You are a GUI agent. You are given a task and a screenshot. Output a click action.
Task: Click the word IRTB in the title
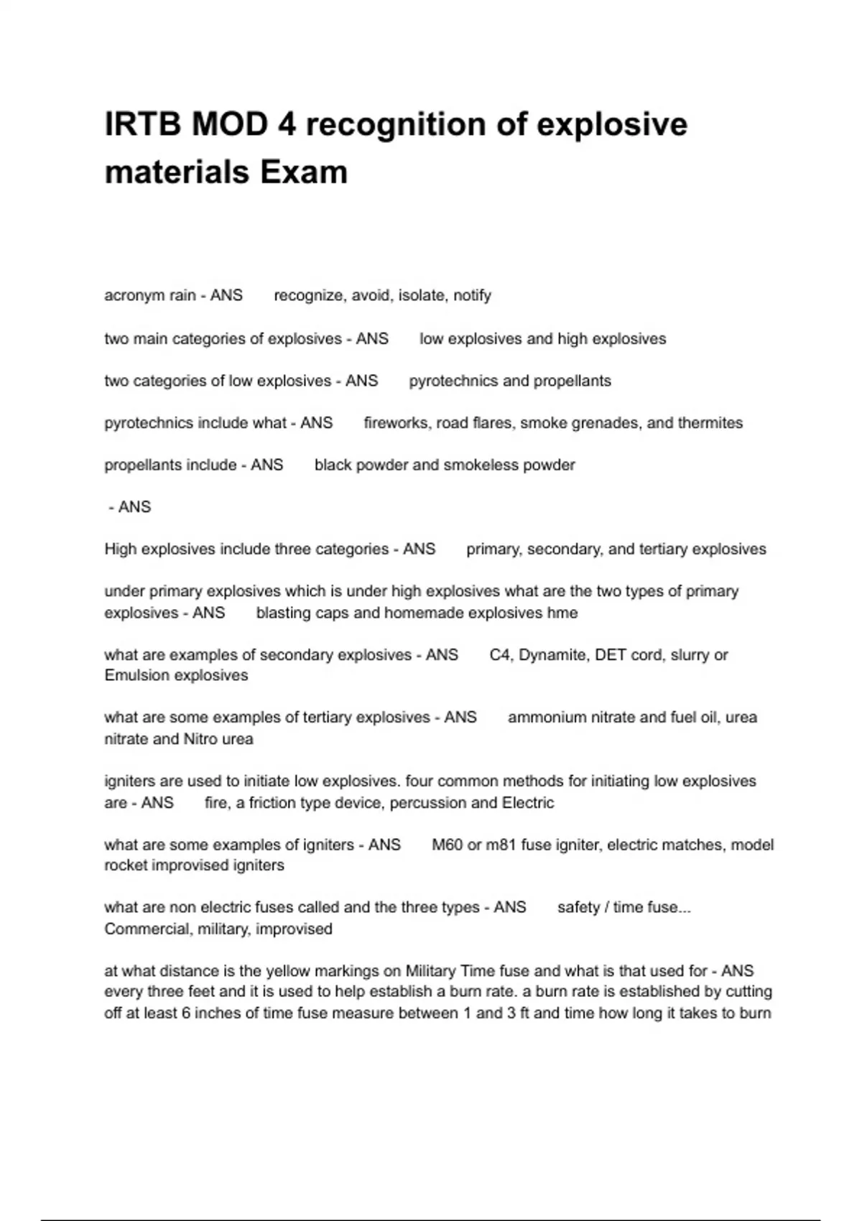(x=142, y=125)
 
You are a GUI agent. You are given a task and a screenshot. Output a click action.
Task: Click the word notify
(x=472, y=296)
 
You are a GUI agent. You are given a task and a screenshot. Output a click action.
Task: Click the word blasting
(x=284, y=613)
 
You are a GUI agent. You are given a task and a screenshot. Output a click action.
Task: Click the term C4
(x=499, y=655)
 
